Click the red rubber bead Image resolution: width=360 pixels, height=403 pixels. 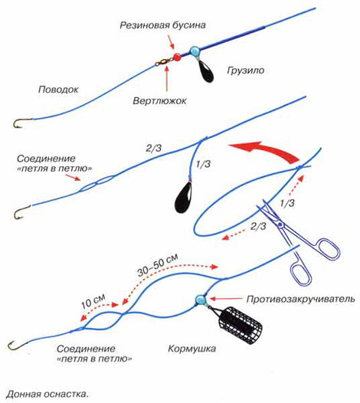pyautogui.click(x=177, y=57)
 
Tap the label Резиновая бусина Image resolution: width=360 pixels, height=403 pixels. pyautogui.click(x=162, y=25)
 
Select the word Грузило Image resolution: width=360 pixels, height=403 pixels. pyautogui.click(x=245, y=70)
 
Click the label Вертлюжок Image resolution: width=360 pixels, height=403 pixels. pyautogui.click(x=159, y=100)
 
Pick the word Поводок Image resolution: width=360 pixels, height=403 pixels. pyautogui.click(x=58, y=90)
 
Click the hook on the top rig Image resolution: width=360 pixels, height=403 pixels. pyautogui.click(x=21, y=123)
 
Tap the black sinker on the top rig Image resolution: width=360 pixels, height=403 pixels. pyautogui.click(x=206, y=71)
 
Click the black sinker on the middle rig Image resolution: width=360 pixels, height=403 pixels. pyautogui.click(x=183, y=197)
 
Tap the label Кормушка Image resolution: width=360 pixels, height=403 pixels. pyautogui.click(x=191, y=349)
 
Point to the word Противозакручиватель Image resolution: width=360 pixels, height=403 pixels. pyautogui.click(x=301, y=299)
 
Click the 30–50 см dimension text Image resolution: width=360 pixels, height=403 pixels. pyautogui.click(x=158, y=265)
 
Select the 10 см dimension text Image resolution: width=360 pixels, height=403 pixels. pyautogui.click(x=93, y=301)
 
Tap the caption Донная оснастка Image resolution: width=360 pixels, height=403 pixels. pyautogui.click(x=47, y=394)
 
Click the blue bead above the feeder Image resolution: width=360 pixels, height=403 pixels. pyautogui.click(x=201, y=300)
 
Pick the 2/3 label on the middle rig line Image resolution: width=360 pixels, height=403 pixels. pyautogui.click(x=154, y=148)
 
